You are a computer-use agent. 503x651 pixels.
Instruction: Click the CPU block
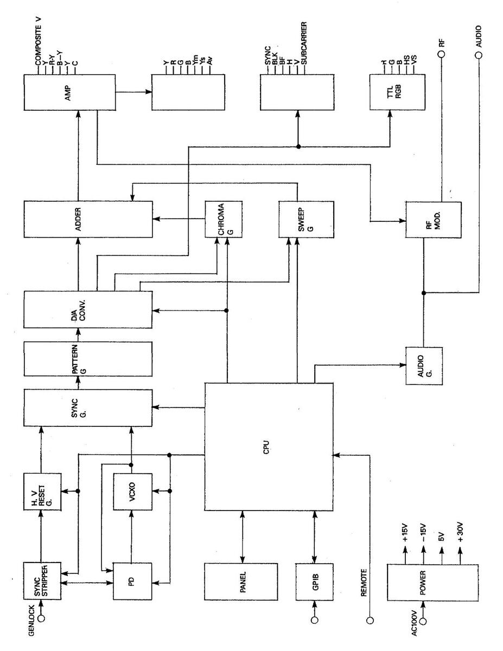pyautogui.click(x=269, y=446)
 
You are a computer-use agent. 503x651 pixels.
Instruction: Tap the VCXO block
pyautogui.click(x=132, y=492)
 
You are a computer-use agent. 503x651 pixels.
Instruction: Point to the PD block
pyautogui.click(x=132, y=581)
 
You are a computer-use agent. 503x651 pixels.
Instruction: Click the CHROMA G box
pyautogui.click(x=224, y=219)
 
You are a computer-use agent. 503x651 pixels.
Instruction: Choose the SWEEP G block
pyautogui.click(x=297, y=219)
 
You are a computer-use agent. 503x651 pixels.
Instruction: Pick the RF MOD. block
pyautogui.click(x=434, y=219)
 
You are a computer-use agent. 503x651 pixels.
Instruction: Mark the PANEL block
pyautogui.click(x=241, y=581)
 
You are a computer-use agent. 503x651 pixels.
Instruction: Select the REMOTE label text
pyautogui.click(x=365, y=583)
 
